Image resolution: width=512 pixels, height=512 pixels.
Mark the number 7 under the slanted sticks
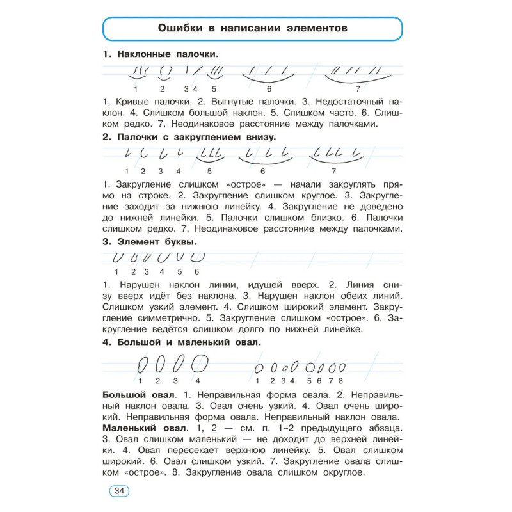pos(358,89)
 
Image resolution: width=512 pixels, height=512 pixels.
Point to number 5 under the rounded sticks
pos(209,172)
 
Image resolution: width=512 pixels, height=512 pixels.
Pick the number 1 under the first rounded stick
pos(127,171)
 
